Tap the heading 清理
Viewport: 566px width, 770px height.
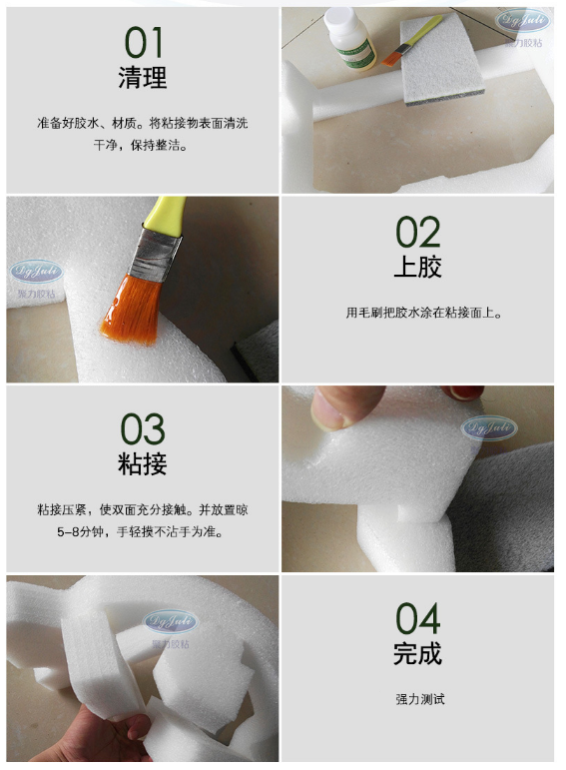(x=143, y=78)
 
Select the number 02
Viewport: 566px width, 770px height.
(x=417, y=233)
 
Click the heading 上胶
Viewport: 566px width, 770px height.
(x=417, y=268)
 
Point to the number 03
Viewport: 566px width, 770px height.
(x=143, y=429)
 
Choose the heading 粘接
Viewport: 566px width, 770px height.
(x=143, y=464)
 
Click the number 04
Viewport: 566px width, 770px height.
(x=417, y=619)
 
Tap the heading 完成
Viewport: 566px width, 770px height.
(x=417, y=655)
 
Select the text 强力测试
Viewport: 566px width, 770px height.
(x=418, y=699)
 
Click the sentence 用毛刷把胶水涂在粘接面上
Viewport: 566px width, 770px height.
(x=417, y=313)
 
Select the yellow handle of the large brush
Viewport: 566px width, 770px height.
(x=166, y=215)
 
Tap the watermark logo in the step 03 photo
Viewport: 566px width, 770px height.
(x=488, y=429)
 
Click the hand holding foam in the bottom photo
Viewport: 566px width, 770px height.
(x=110, y=739)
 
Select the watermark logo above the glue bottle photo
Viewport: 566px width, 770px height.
(x=523, y=20)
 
